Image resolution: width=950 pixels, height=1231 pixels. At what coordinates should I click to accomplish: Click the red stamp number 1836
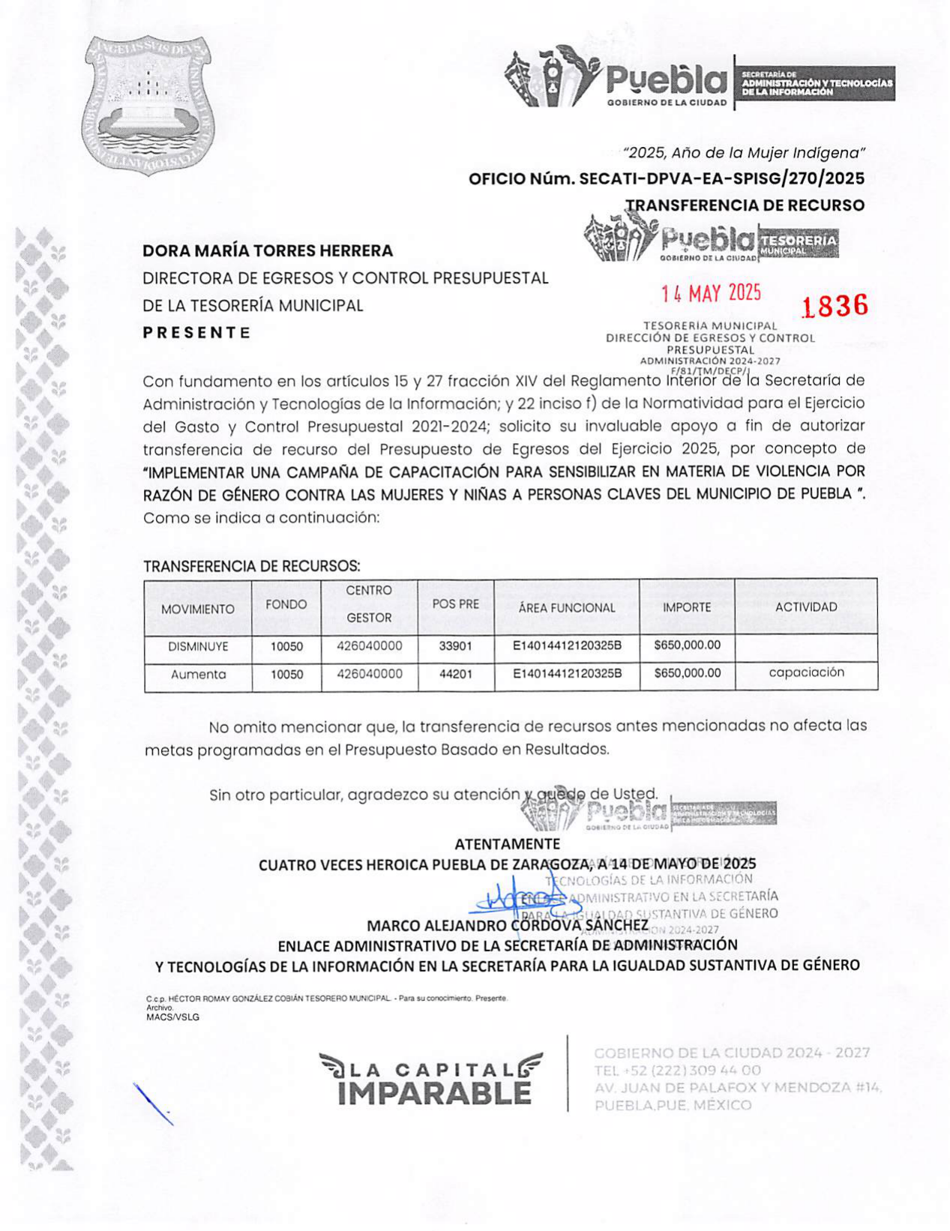pyautogui.click(x=835, y=306)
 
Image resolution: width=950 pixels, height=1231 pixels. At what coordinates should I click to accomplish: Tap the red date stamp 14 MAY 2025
pyautogui.click(x=711, y=293)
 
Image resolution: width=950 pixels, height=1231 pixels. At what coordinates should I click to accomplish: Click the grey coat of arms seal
pyautogui.click(x=147, y=105)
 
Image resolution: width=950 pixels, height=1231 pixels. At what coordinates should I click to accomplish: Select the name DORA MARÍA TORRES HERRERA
pyautogui.click(x=268, y=250)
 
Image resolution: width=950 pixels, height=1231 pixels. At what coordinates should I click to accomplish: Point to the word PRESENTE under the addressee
pyautogui.click(x=196, y=332)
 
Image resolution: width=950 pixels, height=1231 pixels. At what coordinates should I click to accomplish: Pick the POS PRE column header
pyautogui.click(x=455, y=604)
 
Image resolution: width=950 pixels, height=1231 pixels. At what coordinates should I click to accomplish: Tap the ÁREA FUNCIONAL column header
pyautogui.click(x=566, y=608)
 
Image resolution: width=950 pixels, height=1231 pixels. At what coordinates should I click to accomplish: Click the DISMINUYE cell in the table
pyautogui.click(x=198, y=646)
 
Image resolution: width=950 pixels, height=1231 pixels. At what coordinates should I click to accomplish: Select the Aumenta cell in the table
pyautogui.click(x=198, y=675)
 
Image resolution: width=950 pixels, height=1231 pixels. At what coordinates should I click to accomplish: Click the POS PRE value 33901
pyautogui.click(x=455, y=646)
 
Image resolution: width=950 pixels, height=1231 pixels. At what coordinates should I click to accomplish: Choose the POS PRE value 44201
pyautogui.click(x=455, y=675)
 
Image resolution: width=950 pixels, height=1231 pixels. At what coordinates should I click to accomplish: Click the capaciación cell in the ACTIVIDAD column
pyautogui.click(x=806, y=672)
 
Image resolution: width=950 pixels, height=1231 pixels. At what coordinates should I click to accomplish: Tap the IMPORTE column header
pyautogui.click(x=686, y=607)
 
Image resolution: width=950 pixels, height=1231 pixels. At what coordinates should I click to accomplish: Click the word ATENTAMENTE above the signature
pyautogui.click(x=507, y=844)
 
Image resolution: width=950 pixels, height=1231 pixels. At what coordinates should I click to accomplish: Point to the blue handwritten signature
pyautogui.click(x=517, y=897)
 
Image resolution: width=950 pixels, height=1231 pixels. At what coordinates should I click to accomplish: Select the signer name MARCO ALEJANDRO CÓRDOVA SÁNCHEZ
pyautogui.click(x=507, y=926)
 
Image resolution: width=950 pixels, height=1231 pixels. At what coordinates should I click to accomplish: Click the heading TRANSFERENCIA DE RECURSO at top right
pyautogui.click(x=745, y=205)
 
